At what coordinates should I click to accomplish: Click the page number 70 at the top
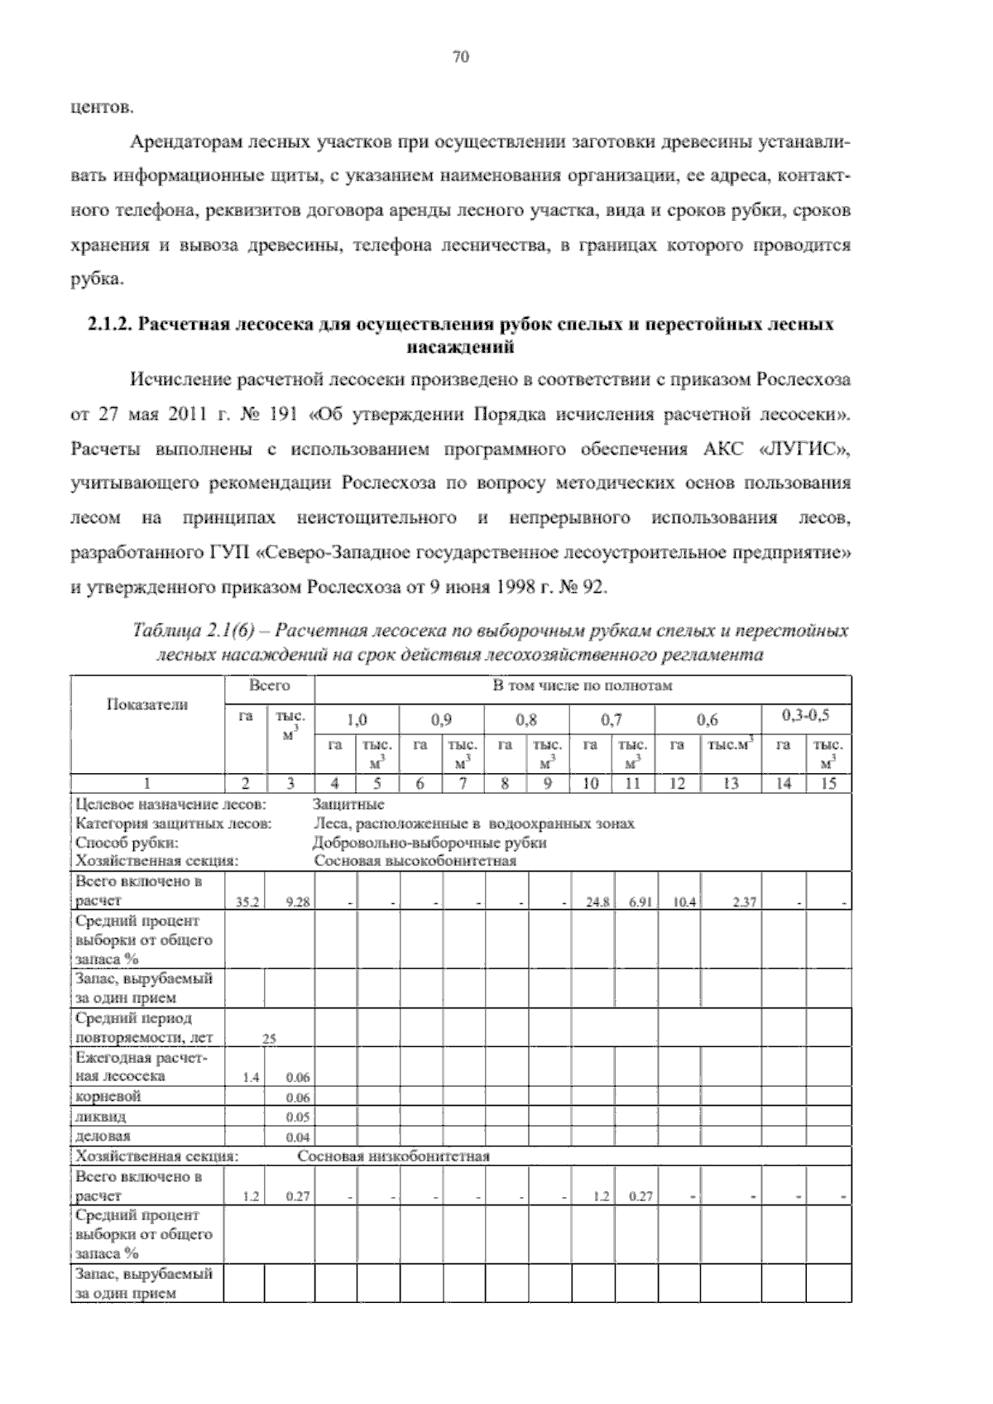pyautogui.click(x=461, y=57)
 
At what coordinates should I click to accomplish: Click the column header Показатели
pyautogui.click(x=147, y=704)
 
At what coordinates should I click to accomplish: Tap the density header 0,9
pyautogui.click(x=441, y=720)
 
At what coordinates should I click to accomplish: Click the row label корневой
pyautogui.click(x=108, y=1096)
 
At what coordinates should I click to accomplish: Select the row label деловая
pyautogui.click(x=103, y=1136)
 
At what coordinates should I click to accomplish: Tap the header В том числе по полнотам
pyautogui.click(x=583, y=685)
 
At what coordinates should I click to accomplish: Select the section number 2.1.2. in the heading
pyautogui.click(x=110, y=325)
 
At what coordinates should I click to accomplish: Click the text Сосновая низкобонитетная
pyautogui.click(x=394, y=1156)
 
